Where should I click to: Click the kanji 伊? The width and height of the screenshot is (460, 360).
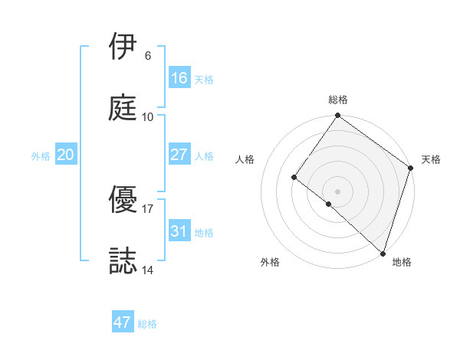pos(124,47)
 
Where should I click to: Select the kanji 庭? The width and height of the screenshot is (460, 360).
pos(124,108)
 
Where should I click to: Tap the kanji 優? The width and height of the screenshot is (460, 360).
pos(124,200)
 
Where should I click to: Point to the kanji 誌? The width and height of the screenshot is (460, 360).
pos(124,261)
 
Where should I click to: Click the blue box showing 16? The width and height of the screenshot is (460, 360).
pos(179,78)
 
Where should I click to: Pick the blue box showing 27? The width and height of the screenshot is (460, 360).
pos(179,155)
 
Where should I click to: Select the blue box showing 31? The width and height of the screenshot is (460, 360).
pos(179,231)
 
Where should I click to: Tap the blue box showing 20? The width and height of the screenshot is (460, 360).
pos(66,155)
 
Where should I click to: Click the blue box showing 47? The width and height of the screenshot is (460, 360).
pos(123,322)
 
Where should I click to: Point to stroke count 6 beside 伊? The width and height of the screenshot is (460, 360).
pos(148,56)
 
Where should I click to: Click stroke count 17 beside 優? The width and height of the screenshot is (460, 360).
pos(148,208)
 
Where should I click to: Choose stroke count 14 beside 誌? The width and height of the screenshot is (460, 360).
pos(148,270)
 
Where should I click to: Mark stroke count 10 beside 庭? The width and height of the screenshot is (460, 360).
pos(148,117)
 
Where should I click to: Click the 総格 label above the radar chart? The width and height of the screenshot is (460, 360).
pos(338,100)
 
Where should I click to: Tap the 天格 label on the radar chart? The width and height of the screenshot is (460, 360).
pos(431,159)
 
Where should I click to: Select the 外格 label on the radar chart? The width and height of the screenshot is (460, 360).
pos(270,263)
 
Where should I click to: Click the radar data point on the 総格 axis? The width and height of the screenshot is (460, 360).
pos(338,116)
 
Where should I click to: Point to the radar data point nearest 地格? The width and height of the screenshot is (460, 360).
pos(383,253)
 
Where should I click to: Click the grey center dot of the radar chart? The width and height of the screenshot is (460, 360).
pos(338,191)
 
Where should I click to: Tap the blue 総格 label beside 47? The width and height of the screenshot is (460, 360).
pos(148,324)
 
